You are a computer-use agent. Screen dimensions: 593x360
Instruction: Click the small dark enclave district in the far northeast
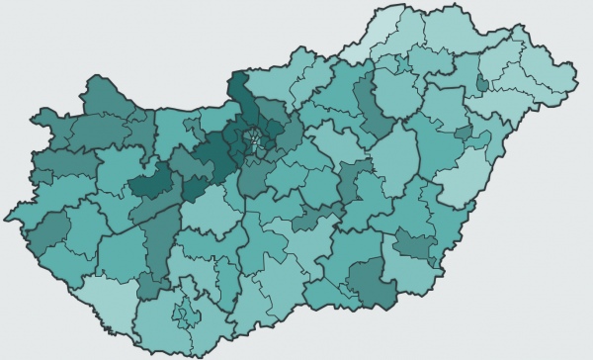(481, 84)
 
